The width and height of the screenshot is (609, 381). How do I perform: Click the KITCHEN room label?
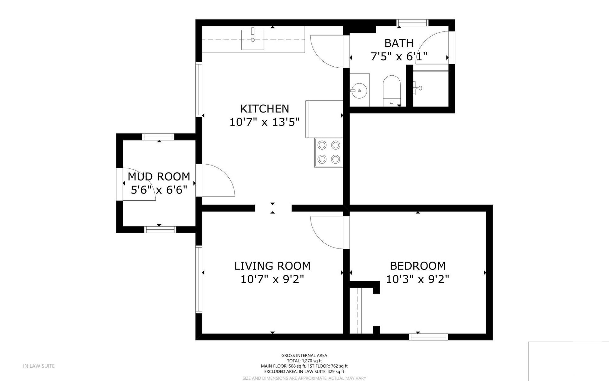pyautogui.click(x=265, y=109)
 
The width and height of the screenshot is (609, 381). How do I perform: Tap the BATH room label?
pyautogui.click(x=399, y=43)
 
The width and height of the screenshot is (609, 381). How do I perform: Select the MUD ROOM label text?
pyautogui.click(x=159, y=176)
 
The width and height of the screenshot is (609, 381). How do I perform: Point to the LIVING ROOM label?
pyautogui.click(x=272, y=266)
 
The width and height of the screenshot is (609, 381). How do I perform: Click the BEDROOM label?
pyautogui.click(x=417, y=266)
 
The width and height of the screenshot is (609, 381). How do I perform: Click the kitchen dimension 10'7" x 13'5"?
pyautogui.click(x=265, y=122)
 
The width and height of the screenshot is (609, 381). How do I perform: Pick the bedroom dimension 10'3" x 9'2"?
pyautogui.click(x=417, y=279)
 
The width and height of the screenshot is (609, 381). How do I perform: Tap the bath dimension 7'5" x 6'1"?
pyautogui.click(x=399, y=57)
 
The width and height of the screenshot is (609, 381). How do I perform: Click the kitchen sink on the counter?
pyautogui.click(x=253, y=39)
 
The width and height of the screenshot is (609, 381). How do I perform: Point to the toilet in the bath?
pyautogui.click(x=392, y=91)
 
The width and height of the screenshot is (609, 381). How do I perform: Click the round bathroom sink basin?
pyautogui.click(x=359, y=90)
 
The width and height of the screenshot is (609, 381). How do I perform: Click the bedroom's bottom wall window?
pyautogui.click(x=429, y=337)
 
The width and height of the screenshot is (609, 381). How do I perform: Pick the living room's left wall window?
pyautogui.click(x=199, y=279)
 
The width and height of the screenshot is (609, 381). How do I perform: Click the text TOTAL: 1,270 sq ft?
pyautogui.click(x=304, y=361)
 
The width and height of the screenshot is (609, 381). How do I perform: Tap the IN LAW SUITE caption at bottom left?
pyautogui.click(x=39, y=366)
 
